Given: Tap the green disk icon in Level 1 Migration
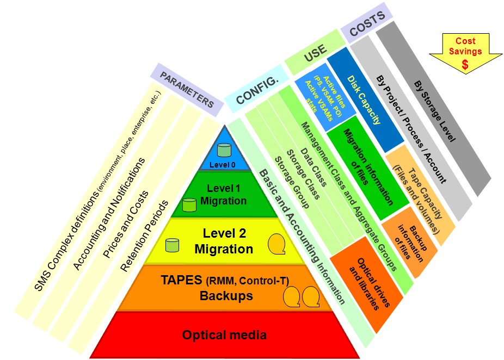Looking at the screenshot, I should click(189, 205).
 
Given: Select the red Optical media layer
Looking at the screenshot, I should click(224, 334).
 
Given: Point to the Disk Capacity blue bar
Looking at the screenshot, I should click(364, 103).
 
